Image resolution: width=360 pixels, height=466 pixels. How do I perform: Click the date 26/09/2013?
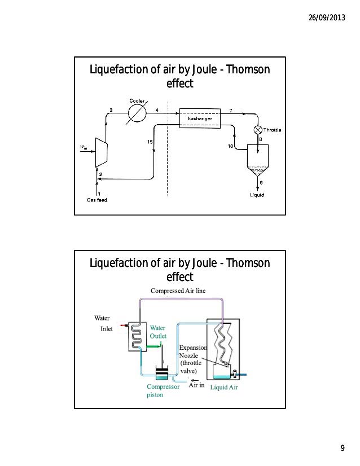click(327, 17)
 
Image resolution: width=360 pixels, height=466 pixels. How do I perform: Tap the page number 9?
click(343, 448)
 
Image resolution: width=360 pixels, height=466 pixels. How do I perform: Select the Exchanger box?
click(200, 118)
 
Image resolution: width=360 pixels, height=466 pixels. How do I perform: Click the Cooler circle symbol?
click(137, 113)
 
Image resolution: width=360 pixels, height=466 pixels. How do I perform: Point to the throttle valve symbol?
click(258, 130)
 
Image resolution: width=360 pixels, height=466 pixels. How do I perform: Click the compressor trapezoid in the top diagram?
click(102, 152)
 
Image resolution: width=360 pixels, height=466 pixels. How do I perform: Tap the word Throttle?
click(272, 130)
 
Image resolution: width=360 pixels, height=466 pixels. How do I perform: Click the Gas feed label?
click(97, 200)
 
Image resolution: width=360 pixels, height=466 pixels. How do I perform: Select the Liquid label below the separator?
click(257, 195)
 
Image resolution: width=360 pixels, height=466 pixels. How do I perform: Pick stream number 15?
click(150, 142)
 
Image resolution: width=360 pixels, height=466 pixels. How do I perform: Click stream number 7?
click(231, 111)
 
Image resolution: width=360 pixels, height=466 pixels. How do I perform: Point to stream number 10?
click(230, 146)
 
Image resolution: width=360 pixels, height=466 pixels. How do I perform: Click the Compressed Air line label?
click(178, 291)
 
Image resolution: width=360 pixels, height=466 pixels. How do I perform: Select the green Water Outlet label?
click(158, 332)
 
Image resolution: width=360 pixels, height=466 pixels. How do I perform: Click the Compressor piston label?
click(163, 390)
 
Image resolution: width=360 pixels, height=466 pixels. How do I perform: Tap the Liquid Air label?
click(224, 387)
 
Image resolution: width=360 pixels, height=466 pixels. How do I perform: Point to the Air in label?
click(196, 385)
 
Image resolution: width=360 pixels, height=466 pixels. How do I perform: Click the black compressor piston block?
click(162, 371)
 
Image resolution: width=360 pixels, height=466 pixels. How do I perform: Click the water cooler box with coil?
click(137, 336)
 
